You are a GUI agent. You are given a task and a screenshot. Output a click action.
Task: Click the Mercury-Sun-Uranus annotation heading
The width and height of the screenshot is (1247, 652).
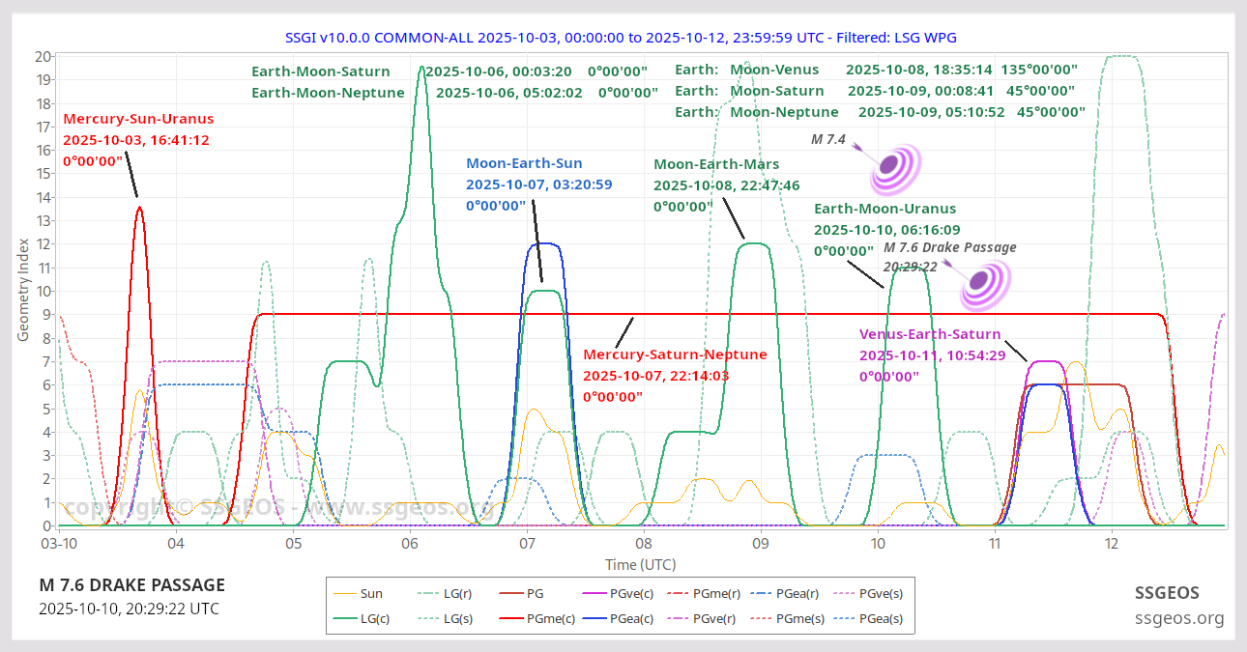138,119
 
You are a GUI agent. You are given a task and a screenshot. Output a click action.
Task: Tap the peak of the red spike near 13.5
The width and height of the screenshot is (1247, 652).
139,207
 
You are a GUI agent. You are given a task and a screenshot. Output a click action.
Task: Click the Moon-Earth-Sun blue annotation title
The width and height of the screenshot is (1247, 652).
537,163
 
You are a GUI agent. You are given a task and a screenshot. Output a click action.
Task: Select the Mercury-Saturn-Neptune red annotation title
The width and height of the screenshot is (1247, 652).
675,354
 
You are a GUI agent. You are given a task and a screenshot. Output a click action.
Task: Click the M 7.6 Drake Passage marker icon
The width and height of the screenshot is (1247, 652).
984,284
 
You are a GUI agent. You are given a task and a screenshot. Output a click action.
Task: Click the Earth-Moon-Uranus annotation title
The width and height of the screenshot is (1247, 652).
884,209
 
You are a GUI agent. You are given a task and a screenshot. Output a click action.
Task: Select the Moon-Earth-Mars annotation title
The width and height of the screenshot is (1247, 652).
716,164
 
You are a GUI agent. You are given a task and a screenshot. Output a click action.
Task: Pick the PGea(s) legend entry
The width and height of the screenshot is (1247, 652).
879,619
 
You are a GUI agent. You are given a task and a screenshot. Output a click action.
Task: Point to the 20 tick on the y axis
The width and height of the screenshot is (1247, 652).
43,56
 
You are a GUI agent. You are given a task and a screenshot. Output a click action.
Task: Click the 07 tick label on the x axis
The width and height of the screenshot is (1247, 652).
527,544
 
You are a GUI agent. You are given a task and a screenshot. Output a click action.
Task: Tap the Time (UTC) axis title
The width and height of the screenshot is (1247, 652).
640,564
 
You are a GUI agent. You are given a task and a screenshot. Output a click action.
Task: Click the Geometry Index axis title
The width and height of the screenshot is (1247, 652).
23,290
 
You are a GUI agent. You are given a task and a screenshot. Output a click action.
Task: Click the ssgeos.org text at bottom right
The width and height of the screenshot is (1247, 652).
1179,618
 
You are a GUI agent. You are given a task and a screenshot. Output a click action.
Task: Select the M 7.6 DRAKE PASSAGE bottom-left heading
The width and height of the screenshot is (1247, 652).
132,585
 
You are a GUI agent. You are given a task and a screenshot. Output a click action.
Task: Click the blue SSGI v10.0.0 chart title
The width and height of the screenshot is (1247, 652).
621,37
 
